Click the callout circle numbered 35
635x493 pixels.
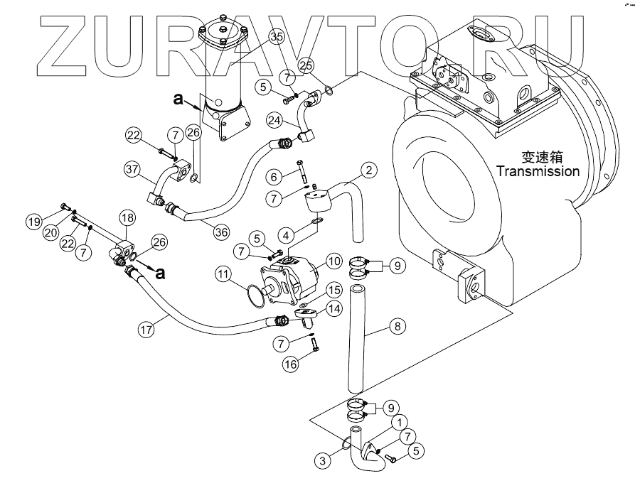[276, 38]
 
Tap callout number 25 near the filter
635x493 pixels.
[306, 65]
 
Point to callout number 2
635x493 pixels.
[369, 170]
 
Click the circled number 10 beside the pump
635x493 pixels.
[334, 261]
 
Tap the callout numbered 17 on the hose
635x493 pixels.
[146, 330]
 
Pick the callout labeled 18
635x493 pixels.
[127, 217]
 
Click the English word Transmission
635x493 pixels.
[538, 171]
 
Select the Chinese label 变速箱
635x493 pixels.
[538, 157]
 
